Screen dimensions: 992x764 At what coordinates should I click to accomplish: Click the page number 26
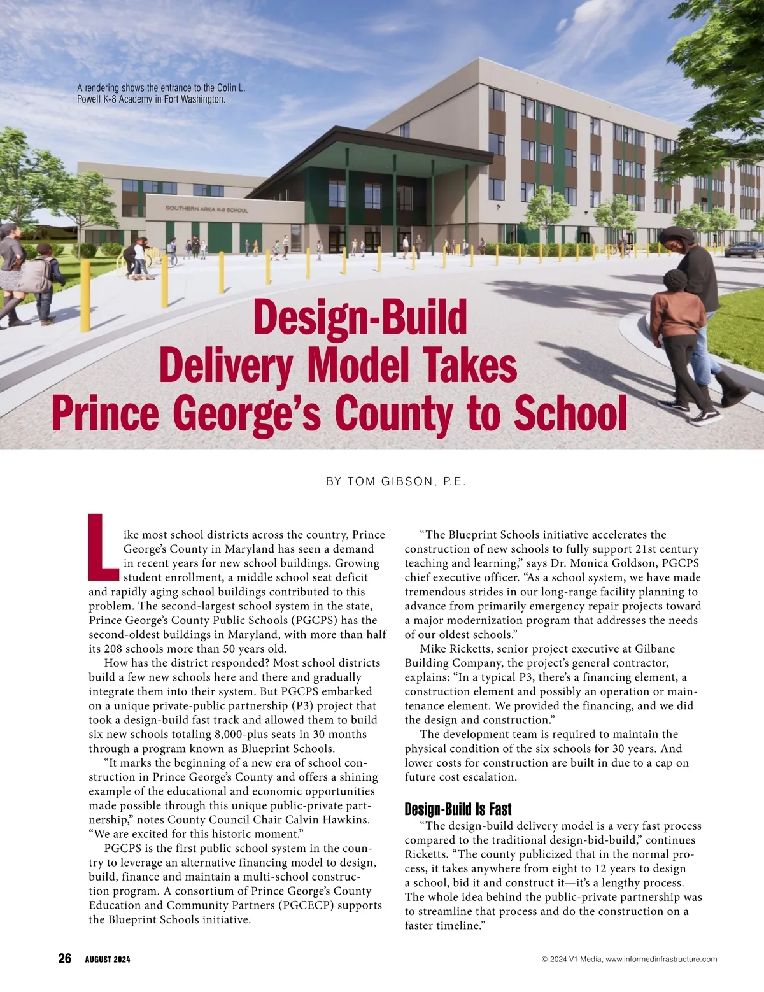(x=64, y=958)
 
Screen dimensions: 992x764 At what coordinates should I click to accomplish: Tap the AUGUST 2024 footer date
(x=108, y=960)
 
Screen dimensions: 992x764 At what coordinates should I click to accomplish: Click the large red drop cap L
(x=102, y=548)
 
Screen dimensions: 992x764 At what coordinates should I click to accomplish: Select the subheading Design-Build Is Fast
(x=458, y=809)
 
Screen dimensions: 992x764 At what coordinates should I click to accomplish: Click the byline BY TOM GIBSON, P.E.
(x=396, y=482)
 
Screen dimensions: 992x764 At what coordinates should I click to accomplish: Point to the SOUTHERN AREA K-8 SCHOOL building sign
(x=207, y=209)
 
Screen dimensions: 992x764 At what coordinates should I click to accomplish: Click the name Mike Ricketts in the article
(x=456, y=649)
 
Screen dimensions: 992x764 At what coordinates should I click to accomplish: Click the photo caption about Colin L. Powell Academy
(x=160, y=94)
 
